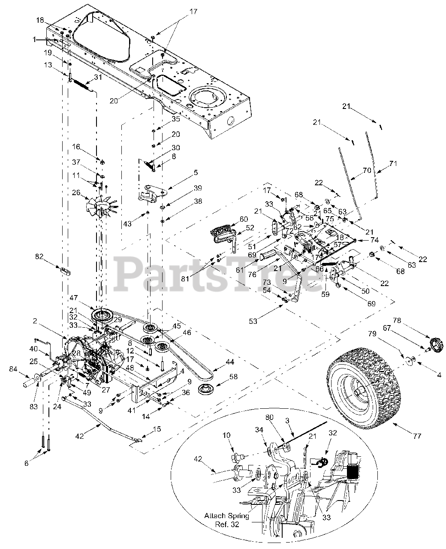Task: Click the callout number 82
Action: pyautogui.click(x=39, y=256)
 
